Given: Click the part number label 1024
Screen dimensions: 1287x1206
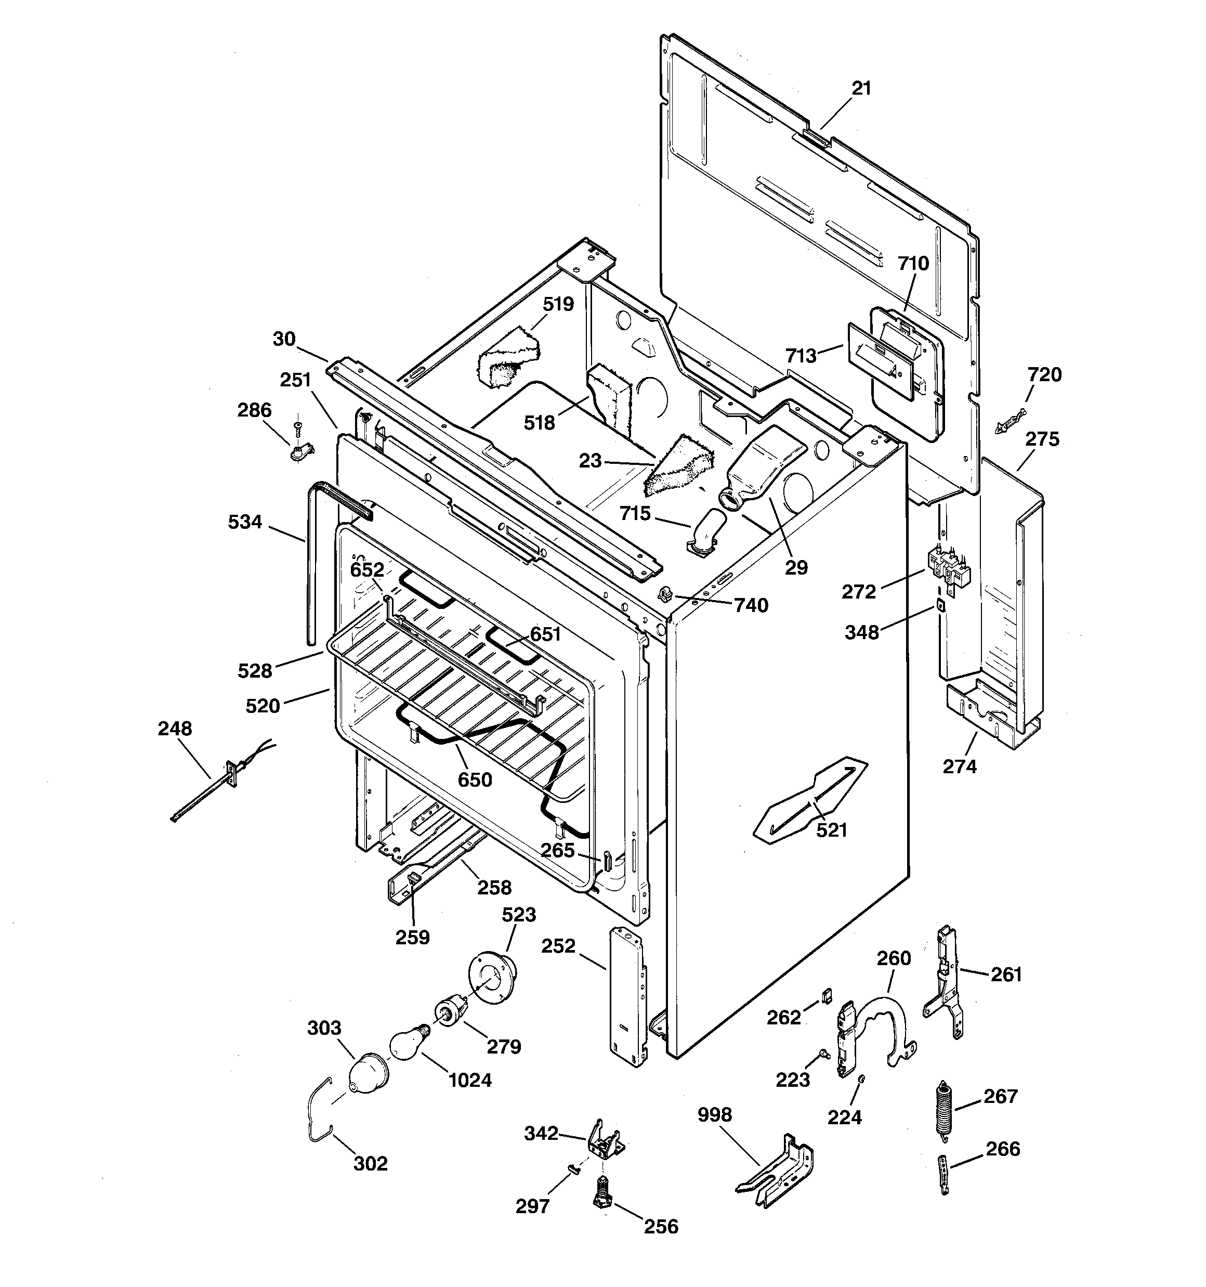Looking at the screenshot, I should coord(470,1080).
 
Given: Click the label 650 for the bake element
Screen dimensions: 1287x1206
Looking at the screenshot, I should coord(475,779).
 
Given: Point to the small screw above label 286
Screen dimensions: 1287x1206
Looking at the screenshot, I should coord(298,425).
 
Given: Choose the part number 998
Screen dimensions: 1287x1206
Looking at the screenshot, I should coord(715,1115).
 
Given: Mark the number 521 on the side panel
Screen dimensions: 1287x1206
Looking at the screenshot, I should coord(831,830).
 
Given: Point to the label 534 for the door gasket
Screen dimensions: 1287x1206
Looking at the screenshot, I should coord(245,522).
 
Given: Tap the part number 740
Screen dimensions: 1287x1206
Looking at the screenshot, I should coord(751,605).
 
